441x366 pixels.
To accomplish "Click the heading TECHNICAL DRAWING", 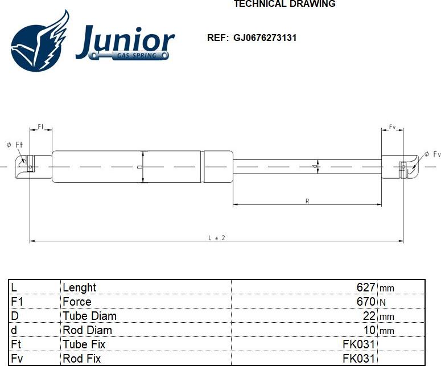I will [x=285, y=4].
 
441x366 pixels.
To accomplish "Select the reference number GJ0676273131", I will [x=265, y=38].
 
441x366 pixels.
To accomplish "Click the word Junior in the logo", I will [x=125, y=41].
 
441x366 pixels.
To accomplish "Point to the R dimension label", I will [x=307, y=201].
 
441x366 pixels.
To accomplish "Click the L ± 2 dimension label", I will [x=217, y=238].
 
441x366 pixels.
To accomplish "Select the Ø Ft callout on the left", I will [x=14, y=145].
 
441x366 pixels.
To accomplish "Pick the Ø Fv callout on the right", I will [x=432, y=154].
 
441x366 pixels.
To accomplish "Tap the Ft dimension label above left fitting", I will [x=41, y=126].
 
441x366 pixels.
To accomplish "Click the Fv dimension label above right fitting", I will [x=392, y=127].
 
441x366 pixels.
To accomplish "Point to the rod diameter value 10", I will [x=369, y=330].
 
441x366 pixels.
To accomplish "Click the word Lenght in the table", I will [x=79, y=287].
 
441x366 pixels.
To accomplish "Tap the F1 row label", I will [x=17, y=302].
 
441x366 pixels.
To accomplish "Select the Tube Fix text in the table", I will [x=84, y=344].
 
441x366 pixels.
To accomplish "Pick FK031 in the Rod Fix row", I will [x=358, y=359].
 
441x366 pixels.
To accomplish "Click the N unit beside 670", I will [x=382, y=302].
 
